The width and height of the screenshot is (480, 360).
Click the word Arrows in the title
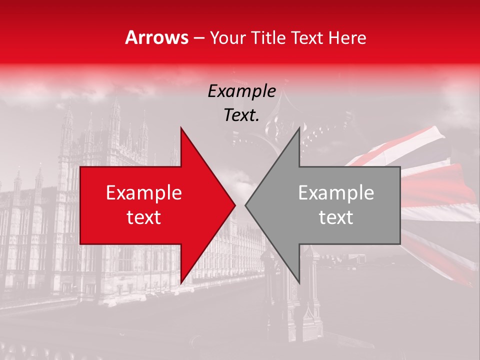[157, 37]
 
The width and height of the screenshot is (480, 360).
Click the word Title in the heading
[268, 37]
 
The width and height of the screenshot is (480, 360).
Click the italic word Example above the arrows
[241, 91]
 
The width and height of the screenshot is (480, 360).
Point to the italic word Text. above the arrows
[241, 115]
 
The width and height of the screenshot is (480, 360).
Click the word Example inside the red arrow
[144, 193]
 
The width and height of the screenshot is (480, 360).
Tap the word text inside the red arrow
[144, 217]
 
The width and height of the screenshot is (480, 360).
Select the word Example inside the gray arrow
[336, 193]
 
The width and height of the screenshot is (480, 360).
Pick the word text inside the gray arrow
[336, 217]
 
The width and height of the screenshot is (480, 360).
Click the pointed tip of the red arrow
[234, 205]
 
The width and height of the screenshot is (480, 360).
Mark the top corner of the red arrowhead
[181, 128]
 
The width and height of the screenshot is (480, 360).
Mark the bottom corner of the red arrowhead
[181, 282]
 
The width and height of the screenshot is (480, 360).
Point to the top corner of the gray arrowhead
[299, 128]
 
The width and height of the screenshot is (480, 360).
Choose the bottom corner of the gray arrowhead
[299, 282]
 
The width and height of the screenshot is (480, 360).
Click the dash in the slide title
[198, 38]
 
